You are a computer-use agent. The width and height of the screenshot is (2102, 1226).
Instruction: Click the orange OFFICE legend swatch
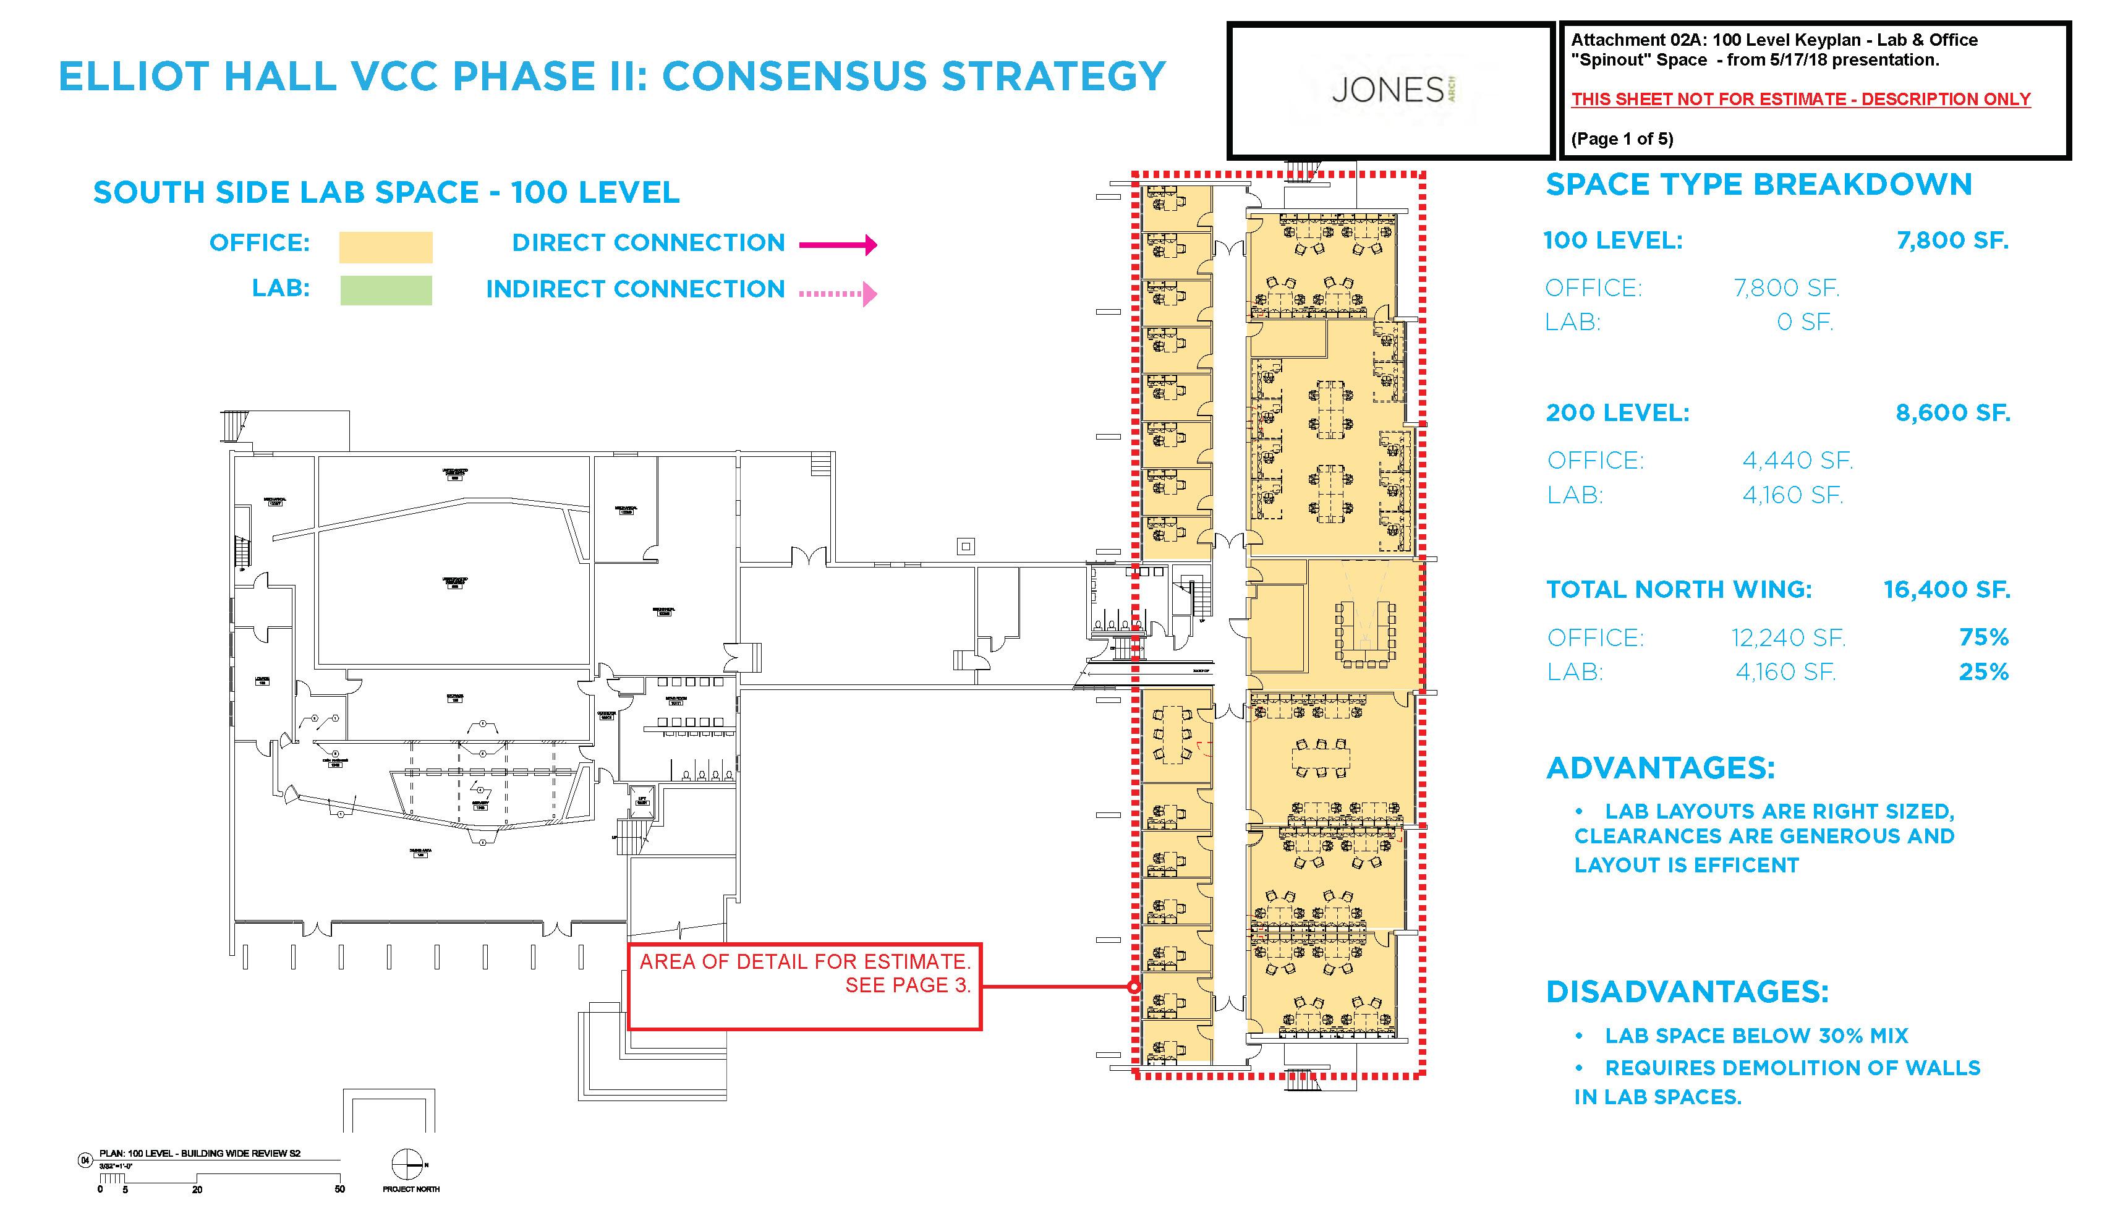point(385,247)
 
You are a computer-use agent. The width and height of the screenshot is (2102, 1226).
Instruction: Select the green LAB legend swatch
point(385,290)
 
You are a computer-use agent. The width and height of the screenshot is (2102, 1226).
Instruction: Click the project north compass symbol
point(408,1164)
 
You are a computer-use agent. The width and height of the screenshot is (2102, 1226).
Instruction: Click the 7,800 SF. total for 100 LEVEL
point(1952,241)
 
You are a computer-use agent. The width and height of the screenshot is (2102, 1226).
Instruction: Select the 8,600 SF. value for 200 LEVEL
point(1952,413)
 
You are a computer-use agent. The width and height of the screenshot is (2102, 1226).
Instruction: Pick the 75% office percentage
point(1983,637)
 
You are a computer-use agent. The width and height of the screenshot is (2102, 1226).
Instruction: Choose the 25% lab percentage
point(1983,671)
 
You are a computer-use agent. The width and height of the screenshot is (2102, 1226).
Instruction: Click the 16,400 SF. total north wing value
point(1946,590)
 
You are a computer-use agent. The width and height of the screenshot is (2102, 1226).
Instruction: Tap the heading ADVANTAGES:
point(1661,767)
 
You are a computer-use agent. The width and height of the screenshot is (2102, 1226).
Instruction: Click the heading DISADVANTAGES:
point(1687,992)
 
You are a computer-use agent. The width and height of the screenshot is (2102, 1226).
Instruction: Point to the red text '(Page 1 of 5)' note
point(1622,139)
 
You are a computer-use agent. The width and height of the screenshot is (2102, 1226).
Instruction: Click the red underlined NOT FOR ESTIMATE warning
point(1800,100)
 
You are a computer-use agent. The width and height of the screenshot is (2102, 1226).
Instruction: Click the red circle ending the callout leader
point(1134,987)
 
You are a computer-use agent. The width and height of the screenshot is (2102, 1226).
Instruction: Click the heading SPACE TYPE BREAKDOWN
point(1758,184)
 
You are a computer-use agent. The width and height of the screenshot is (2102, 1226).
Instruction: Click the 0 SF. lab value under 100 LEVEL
point(1804,322)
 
